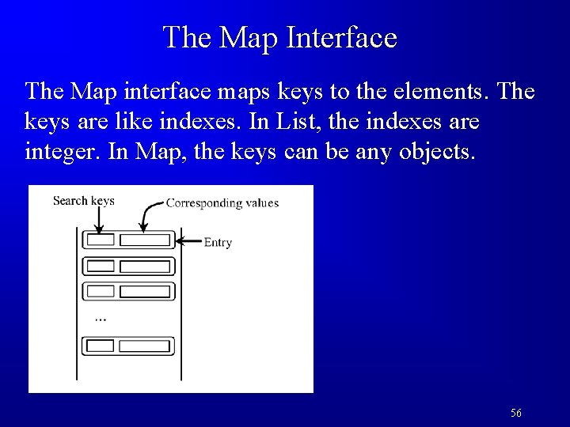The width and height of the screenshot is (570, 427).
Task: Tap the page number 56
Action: point(516,413)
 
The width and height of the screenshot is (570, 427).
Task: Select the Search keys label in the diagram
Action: point(83,200)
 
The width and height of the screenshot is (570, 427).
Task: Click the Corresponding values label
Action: point(222,203)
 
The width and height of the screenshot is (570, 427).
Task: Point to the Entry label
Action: point(218,242)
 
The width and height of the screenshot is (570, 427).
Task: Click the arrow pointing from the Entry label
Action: point(188,240)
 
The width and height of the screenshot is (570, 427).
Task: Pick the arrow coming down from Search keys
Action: point(95,219)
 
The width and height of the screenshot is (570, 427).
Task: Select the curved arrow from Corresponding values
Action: point(146,216)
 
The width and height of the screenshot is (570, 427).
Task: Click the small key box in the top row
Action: point(100,240)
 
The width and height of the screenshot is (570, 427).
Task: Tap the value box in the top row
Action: point(145,240)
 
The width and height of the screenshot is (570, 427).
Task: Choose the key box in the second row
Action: point(100,266)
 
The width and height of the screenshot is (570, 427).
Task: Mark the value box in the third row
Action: point(145,292)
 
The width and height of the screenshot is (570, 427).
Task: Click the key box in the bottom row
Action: point(100,346)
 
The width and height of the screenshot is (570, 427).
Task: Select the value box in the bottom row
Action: point(145,346)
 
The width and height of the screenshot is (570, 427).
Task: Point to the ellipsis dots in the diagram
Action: point(100,318)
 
